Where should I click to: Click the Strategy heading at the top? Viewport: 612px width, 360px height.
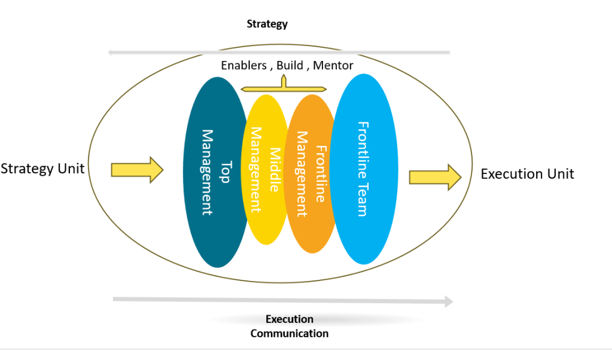pos(267,25)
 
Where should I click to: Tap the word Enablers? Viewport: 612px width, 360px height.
pos(244,65)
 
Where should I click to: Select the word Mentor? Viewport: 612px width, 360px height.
pos(333,65)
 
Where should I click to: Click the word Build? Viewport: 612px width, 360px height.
pos(290,65)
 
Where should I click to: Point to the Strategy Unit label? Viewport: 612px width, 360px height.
pos(42,169)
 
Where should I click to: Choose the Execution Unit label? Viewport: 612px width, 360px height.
pos(527,174)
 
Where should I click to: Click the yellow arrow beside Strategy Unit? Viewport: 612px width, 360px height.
pos(137,170)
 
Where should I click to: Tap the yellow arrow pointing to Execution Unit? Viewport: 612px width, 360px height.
pos(435,176)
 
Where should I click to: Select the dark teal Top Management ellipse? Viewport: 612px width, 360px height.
pos(209,227)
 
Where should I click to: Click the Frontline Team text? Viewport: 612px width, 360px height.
pos(363,169)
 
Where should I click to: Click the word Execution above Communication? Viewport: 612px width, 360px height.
pos(290,319)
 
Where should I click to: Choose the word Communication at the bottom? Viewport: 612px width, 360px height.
pos(290,334)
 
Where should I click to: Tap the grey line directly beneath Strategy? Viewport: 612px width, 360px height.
pos(279,53)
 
